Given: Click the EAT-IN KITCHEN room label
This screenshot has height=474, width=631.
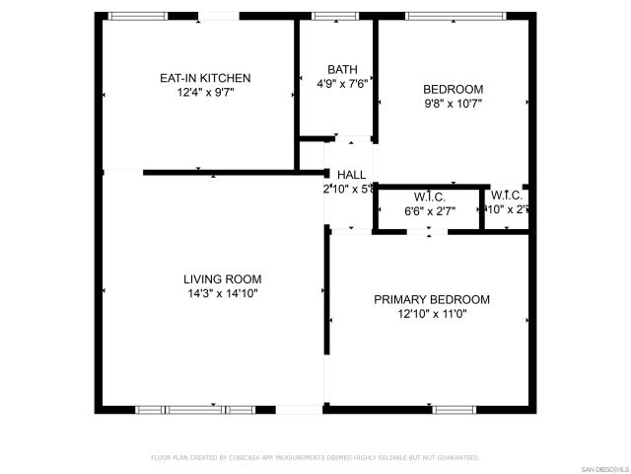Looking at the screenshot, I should [x=205, y=78].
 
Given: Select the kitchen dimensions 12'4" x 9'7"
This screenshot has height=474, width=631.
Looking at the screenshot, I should [x=205, y=92].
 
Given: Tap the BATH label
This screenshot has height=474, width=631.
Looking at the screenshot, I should [x=342, y=69].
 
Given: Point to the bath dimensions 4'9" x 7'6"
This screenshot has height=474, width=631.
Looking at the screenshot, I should [x=342, y=84].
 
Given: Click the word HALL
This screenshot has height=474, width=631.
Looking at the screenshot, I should [x=351, y=174].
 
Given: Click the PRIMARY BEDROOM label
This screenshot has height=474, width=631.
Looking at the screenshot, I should [x=431, y=300].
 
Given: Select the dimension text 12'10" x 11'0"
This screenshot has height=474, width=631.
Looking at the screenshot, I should [x=431, y=314].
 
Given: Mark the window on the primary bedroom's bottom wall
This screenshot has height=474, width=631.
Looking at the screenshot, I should [x=454, y=409].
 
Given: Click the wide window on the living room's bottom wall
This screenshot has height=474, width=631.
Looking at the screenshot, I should [x=194, y=409].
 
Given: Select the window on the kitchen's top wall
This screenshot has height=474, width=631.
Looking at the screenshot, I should [x=137, y=16].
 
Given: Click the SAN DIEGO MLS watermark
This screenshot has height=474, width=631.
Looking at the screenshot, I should [x=603, y=468].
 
